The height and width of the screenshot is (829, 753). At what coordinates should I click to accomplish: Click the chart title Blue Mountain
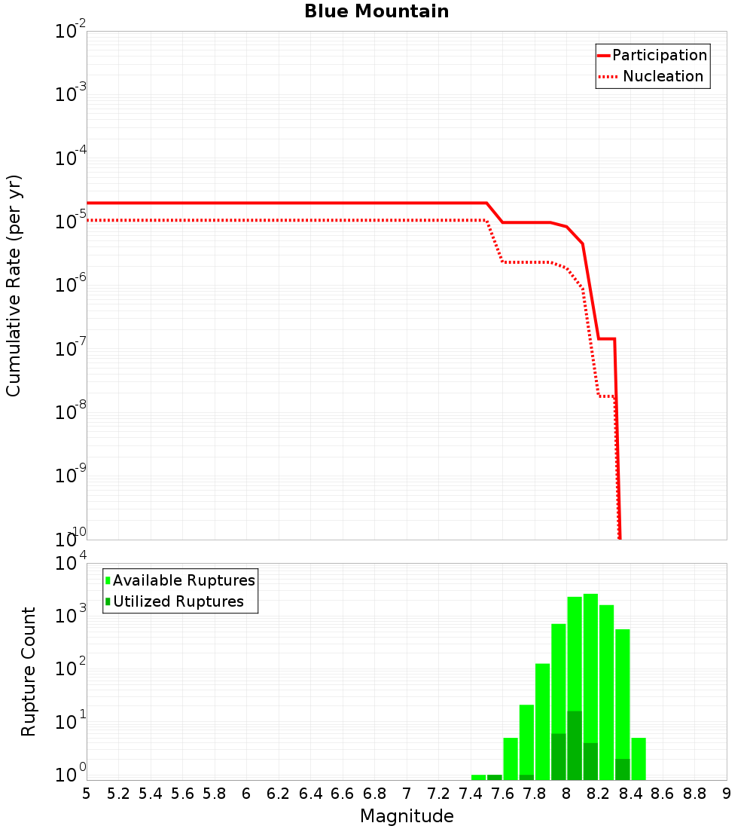pos(376,11)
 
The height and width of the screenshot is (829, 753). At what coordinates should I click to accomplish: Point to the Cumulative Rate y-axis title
pos(14,285)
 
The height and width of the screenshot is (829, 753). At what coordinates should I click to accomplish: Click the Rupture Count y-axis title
pos(29,671)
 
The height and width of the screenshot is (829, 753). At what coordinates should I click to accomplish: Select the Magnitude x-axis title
pos(407,816)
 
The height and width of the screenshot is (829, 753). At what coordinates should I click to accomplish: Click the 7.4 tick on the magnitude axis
pos(471,794)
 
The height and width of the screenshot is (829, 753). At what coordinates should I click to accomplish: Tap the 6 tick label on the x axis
pos(246,794)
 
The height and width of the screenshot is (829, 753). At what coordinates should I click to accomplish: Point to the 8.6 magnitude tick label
pos(663,794)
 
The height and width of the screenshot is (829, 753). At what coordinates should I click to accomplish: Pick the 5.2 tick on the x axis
pos(118,794)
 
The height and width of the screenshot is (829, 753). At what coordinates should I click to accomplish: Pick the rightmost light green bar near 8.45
pos(639,758)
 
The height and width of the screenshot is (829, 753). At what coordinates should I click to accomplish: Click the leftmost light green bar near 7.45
pos(478,777)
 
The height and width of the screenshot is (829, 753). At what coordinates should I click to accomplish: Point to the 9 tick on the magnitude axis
pos(727,794)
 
